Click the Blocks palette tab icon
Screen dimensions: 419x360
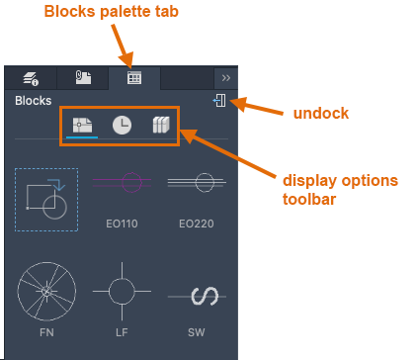tap(134, 78)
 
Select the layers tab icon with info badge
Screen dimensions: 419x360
tap(31, 79)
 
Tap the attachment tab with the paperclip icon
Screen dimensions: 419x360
tap(83, 77)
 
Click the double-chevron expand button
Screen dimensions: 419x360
tap(226, 78)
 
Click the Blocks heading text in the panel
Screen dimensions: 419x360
tap(34, 101)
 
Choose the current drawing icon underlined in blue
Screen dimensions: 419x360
tap(82, 126)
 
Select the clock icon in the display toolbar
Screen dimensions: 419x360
tap(122, 126)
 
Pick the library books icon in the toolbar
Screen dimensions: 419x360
tap(161, 125)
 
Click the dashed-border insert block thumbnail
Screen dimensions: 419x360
tap(46, 200)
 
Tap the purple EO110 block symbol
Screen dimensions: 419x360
tap(122, 182)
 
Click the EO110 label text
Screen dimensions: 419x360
tap(122, 224)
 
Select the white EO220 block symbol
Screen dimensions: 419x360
tap(197, 182)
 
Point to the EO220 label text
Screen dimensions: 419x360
tap(197, 224)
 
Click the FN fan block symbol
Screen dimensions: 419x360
tap(46, 292)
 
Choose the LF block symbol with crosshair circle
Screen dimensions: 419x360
tap(122, 292)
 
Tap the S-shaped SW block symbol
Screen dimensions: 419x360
tap(197, 296)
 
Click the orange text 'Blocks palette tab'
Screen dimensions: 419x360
tap(112, 12)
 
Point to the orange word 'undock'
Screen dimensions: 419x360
tap(321, 113)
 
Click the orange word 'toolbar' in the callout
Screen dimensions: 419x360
tap(309, 199)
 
